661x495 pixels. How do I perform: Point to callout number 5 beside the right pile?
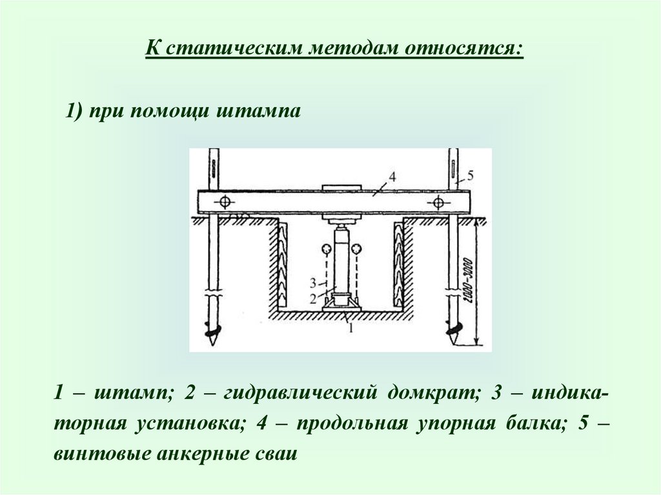(470, 174)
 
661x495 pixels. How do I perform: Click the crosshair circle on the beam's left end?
(224, 202)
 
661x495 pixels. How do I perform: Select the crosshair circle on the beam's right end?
(438, 203)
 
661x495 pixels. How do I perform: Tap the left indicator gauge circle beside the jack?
(324, 248)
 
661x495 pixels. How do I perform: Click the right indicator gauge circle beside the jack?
(357, 248)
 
